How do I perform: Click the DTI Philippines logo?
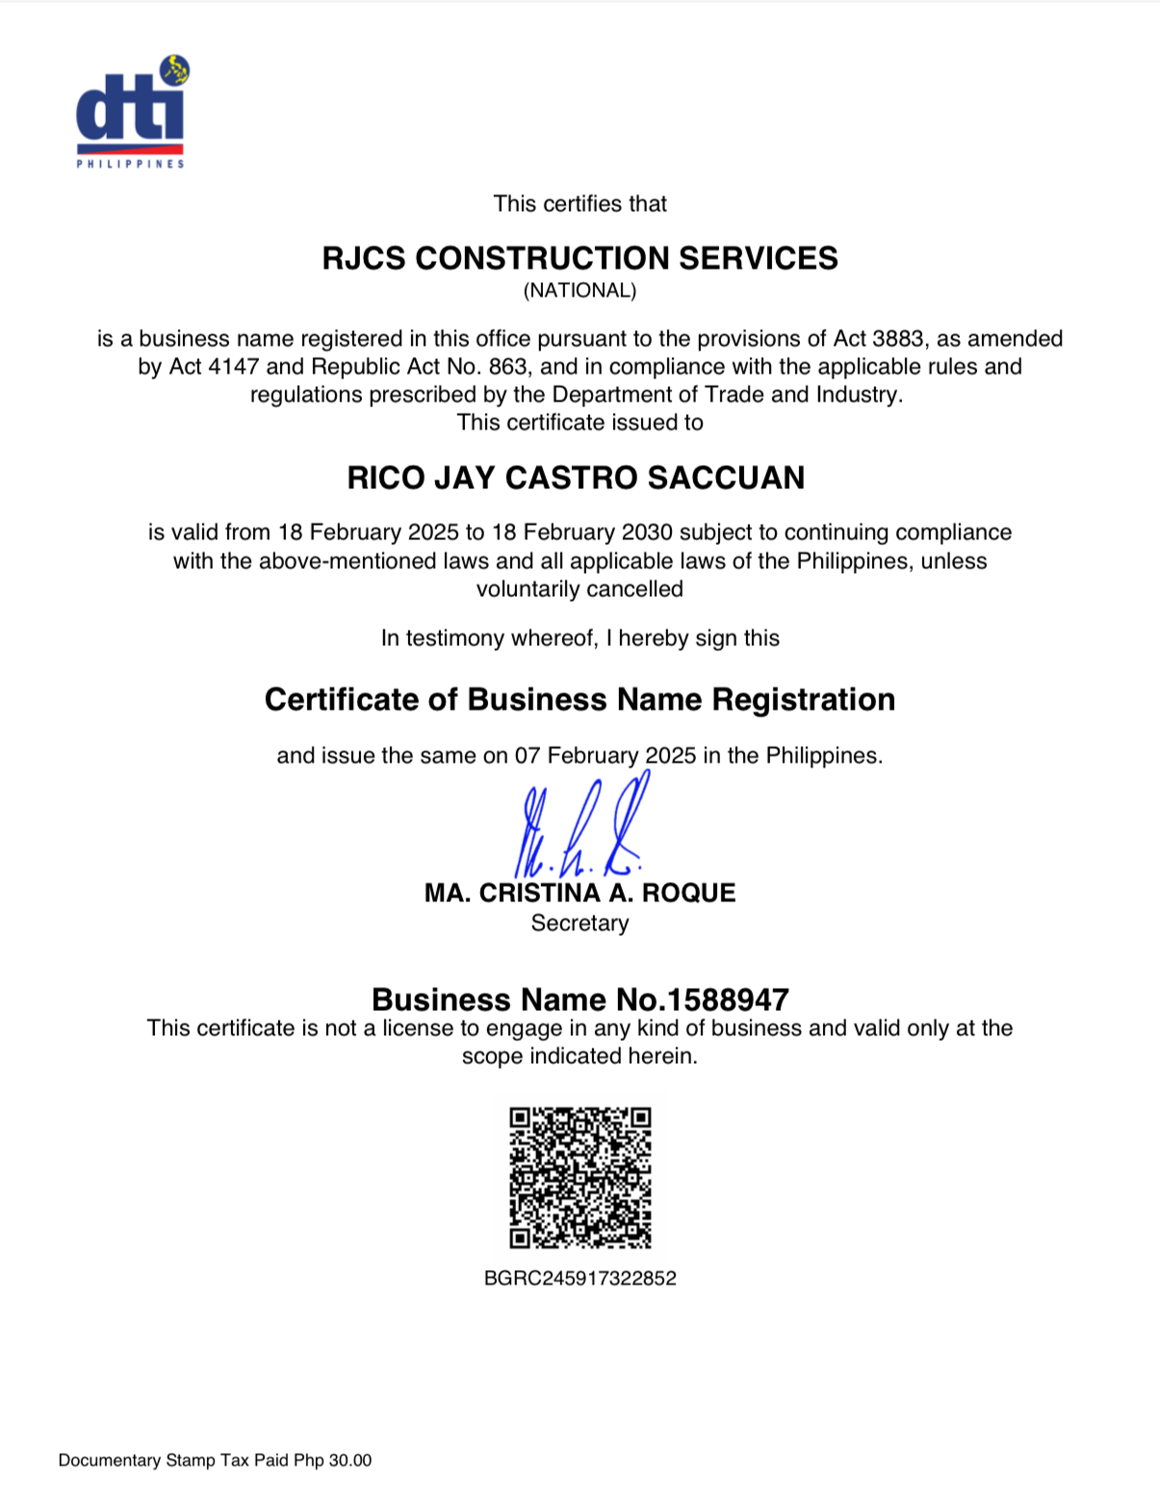(x=132, y=112)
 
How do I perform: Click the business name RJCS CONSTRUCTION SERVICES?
(x=580, y=258)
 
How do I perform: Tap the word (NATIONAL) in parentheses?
(x=580, y=290)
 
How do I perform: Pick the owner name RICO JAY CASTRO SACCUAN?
(x=576, y=478)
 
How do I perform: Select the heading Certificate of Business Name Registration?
(x=580, y=699)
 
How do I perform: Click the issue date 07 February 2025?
(x=605, y=756)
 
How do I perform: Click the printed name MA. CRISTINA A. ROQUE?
(x=580, y=893)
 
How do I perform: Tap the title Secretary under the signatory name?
(x=580, y=923)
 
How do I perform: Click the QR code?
(x=580, y=1177)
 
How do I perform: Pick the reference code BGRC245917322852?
(x=580, y=1279)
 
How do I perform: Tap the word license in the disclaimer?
(x=417, y=1028)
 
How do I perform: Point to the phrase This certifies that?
(x=580, y=204)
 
